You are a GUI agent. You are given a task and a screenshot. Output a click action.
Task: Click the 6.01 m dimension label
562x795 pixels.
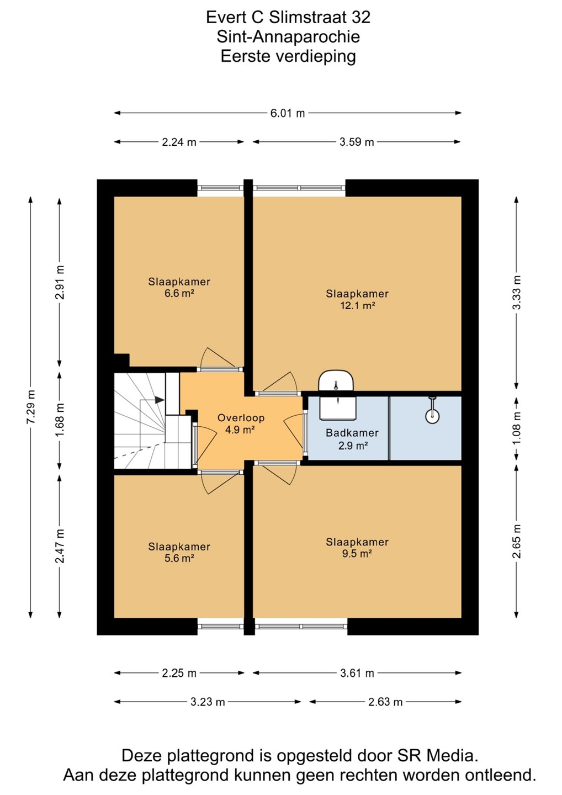(288, 113)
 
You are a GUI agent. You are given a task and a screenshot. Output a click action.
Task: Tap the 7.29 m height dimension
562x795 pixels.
(31, 407)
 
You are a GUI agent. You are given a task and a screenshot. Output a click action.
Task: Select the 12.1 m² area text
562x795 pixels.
(358, 306)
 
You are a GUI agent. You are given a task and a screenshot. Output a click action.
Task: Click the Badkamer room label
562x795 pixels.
(352, 433)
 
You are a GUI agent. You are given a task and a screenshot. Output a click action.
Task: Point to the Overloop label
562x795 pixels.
(241, 418)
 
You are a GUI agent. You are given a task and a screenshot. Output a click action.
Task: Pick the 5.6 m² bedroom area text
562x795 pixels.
(179, 558)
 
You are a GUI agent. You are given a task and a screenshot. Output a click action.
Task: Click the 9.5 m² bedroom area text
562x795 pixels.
(357, 553)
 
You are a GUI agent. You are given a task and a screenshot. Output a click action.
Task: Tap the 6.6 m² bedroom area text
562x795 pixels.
(179, 293)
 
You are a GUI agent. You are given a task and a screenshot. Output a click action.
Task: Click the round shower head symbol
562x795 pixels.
(432, 417)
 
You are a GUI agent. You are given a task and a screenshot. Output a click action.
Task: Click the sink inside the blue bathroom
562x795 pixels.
(337, 408)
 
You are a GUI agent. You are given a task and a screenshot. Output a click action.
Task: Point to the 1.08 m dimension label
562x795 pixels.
(517, 428)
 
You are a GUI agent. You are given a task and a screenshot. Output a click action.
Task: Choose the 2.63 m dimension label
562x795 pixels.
(385, 702)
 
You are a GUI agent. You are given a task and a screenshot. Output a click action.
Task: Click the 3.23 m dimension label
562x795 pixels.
(208, 702)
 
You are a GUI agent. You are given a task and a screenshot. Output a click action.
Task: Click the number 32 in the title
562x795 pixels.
(361, 18)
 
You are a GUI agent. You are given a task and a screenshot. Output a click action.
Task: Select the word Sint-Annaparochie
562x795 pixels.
(288, 36)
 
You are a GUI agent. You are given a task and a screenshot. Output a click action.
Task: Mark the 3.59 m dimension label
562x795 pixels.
(357, 142)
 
